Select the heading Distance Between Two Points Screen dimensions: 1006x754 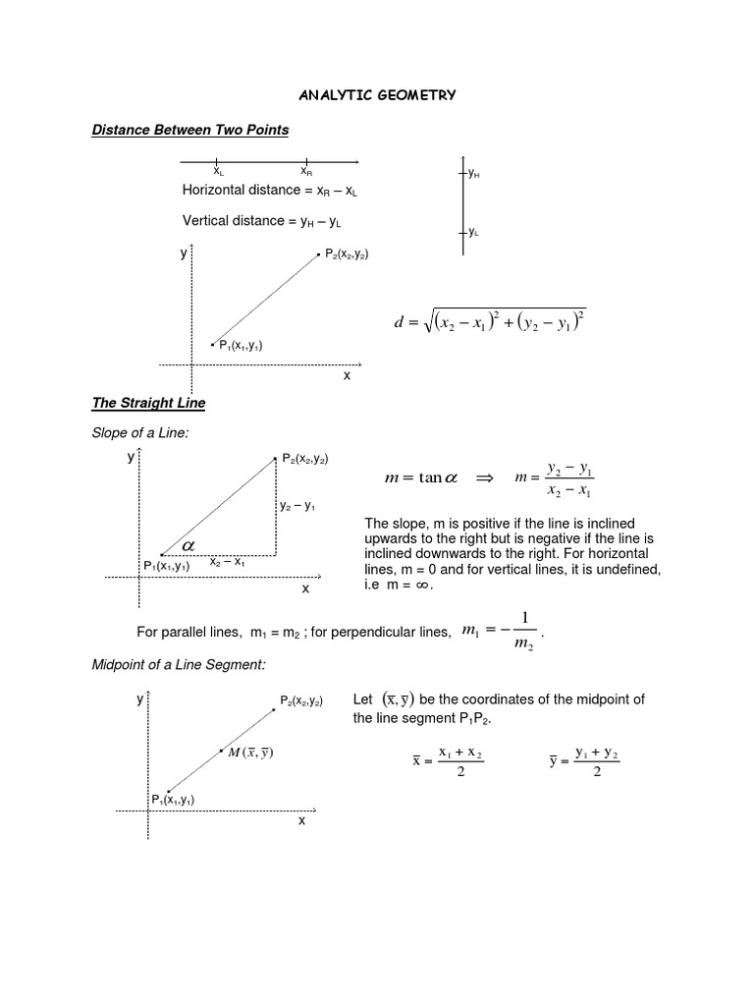(190, 130)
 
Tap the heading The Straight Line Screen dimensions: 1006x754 (148, 403)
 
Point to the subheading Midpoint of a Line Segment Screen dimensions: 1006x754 (179, 665)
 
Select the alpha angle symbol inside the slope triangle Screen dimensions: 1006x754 (187, 543)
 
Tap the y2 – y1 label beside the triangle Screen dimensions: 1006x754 (296, 506)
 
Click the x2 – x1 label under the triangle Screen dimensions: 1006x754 (227, 562)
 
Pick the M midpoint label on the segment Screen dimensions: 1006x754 (249, 753)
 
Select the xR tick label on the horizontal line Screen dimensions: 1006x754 (306, 172)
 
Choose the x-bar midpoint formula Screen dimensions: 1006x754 (448, 762)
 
